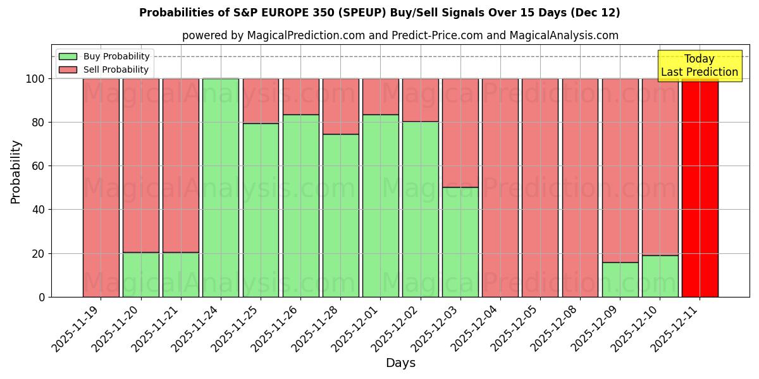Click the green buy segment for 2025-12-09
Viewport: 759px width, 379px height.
(620, 279)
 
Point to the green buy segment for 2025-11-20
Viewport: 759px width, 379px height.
(141, 275)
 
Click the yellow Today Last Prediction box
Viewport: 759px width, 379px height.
(700, 66)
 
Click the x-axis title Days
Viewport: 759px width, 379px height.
(400, 363)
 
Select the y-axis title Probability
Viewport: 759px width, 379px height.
(16, 171)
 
